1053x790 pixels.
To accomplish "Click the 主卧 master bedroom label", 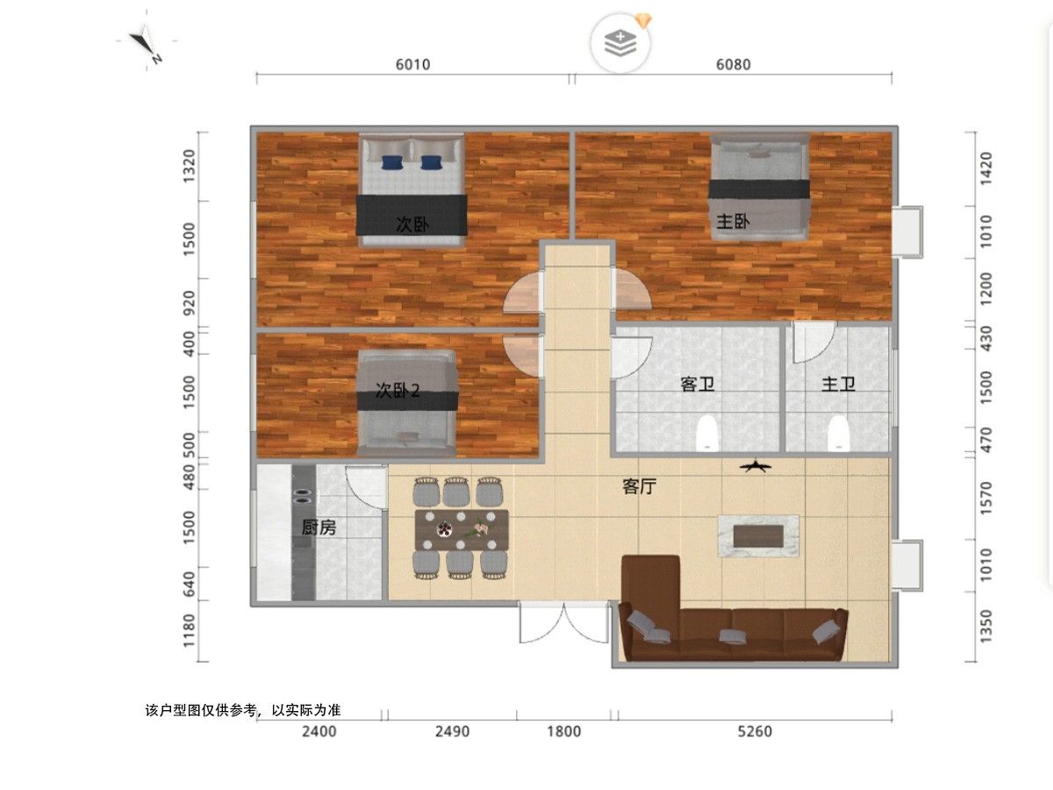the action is tap(733, 221).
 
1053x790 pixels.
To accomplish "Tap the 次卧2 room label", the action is tap(398, 391).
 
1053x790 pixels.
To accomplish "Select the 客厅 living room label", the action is tap(639, 486).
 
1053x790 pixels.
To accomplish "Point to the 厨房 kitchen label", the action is tap(319, 528).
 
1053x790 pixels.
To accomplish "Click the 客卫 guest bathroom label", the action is tap(698, 384).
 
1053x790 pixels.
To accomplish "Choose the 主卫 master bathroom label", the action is tap(838, 384).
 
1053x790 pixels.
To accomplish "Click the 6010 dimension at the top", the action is tap(412, 64).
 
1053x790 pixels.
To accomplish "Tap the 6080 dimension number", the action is tap(733, 64).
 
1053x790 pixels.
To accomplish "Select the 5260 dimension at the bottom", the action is tap(755, 731).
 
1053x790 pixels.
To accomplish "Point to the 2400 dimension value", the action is tap(319, 731).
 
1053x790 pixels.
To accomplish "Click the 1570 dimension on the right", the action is tap(985, 499).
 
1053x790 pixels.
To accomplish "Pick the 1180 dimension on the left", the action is tap(190, 630).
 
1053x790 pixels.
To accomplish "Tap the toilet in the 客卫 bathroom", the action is tap(706, 433).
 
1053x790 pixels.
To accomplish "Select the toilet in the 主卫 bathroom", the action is tap(838, 433).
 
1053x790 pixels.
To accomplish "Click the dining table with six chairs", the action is tap(461, 528).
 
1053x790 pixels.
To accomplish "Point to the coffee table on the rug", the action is tap(758, 535).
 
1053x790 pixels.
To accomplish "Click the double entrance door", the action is tap(564, 622).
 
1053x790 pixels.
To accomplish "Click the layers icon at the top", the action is tap(620, 43).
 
